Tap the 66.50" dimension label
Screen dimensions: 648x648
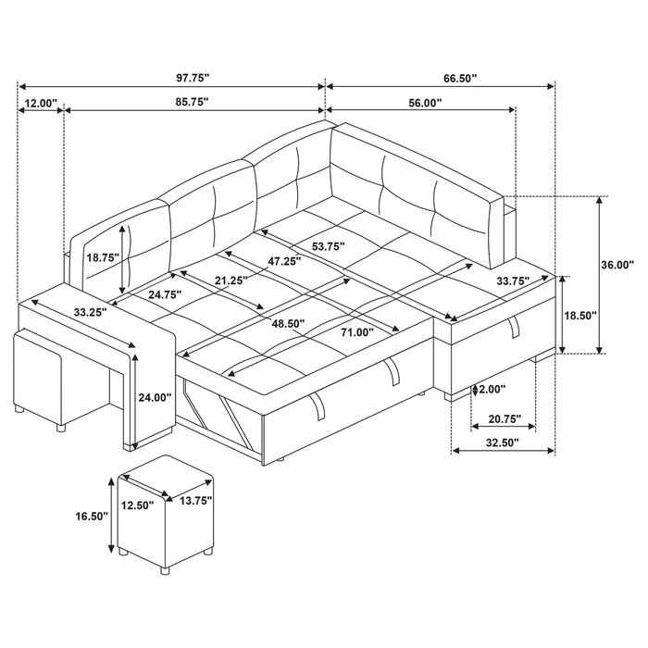point(459,80)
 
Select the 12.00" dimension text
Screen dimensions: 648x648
point(40,103)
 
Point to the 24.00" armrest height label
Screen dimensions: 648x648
point(155,397)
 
